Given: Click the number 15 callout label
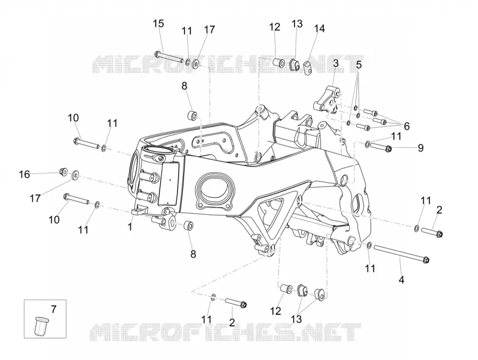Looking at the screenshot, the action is (x=158, y=23).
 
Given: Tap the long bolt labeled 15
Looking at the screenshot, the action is (x=168, y=57).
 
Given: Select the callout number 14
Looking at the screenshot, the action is (x=319, y=28).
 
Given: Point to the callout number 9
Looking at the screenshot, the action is (x=421, y=148).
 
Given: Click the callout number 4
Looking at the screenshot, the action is (x=402, y=279).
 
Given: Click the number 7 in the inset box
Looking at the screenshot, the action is (x=54, y=309).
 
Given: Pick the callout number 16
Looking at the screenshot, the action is (x=24, y=174).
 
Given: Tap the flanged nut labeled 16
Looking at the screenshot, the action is (x=64, y=171).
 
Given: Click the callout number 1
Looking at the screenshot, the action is (x=130, y=227).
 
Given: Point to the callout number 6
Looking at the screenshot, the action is (x=406, y=126).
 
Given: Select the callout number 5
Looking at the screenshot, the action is (x=359, y=65).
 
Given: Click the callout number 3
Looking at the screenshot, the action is (x=336, y=64).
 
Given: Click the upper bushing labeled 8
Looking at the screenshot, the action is (x=192, y=116).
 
